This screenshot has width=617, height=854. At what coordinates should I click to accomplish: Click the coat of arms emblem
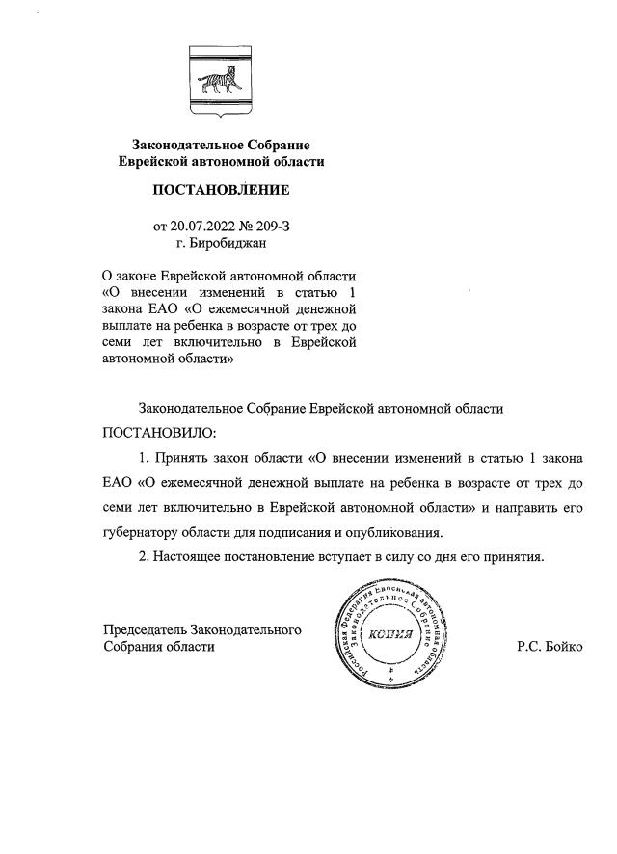pos(221,82)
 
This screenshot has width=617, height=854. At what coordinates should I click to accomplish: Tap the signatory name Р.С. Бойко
pos(550,647)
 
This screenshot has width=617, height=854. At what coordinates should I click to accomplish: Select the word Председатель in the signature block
pos(146,630)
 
